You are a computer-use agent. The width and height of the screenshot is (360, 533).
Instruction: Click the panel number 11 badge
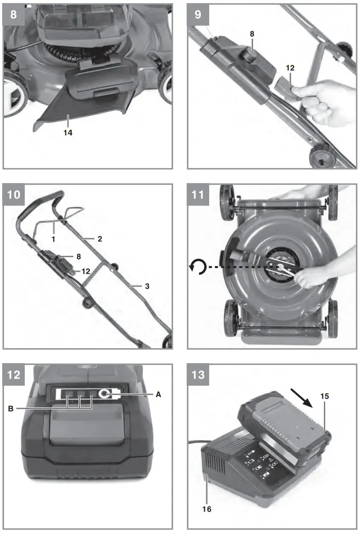[x=198, y=194]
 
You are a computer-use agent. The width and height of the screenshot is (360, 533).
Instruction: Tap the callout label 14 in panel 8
[x=67, y=131]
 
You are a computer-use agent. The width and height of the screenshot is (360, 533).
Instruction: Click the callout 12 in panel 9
[x=290, y=69]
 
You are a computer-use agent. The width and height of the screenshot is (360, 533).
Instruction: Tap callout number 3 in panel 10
[x=147, y=286]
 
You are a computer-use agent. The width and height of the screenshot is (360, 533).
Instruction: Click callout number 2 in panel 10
[x=100, y=239]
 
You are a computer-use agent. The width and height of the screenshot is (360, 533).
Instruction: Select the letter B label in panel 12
[x=11, y=409]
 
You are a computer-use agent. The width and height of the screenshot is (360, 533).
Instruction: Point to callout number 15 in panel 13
[x=325, y=396]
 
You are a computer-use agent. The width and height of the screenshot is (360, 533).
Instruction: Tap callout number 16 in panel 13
[x=207, y=509]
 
